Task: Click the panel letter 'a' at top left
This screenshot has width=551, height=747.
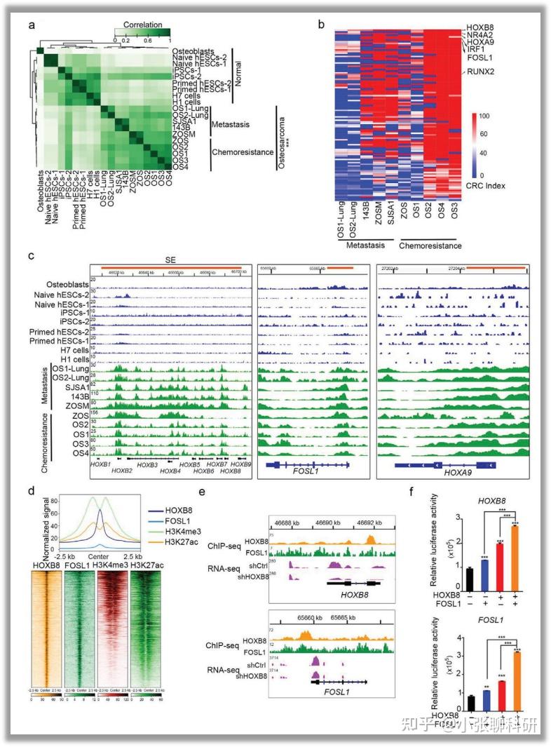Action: tap(32, 26)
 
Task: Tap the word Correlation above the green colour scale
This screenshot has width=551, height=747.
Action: tap(142, 24)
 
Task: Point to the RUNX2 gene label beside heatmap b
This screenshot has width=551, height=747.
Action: tap(478, 72)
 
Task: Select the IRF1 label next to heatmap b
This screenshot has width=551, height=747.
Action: tap(475, 50)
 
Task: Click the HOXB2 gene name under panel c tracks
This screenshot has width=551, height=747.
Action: tap(122, 471)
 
